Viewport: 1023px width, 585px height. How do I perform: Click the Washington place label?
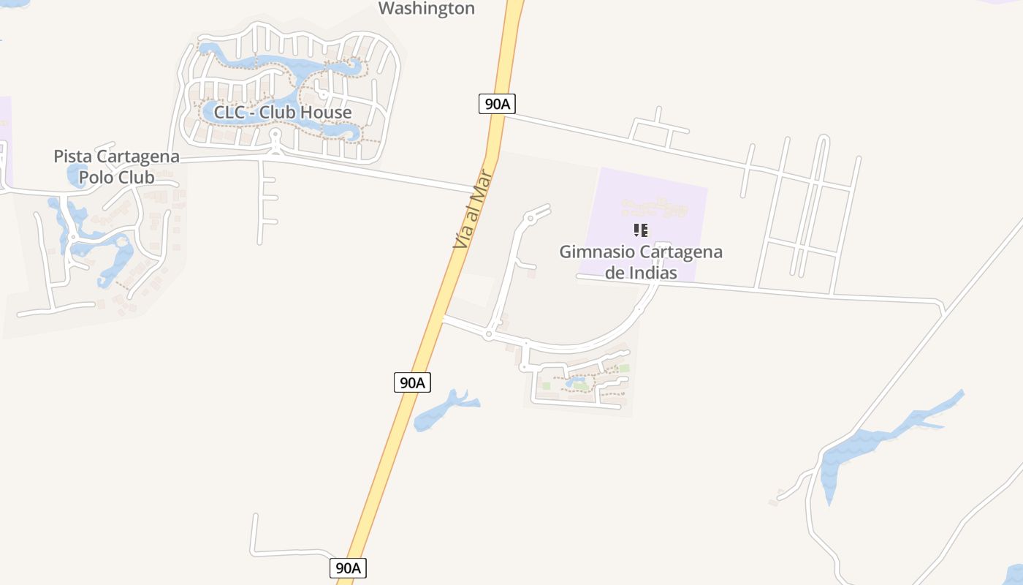[x=427, y=9]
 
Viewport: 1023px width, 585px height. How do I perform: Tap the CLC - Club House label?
[x=282, y=113]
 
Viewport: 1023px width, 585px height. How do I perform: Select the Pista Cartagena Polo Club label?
[x=116, y=167]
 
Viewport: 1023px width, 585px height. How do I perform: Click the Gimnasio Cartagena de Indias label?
[x=641, y=262]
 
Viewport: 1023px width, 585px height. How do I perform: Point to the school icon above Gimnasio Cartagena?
[x=641, y=230]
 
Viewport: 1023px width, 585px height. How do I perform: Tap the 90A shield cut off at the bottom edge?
[x=348, y=568]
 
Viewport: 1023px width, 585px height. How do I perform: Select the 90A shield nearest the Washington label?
[x=497, y=104]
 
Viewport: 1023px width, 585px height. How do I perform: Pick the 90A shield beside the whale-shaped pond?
[x=412, y=382]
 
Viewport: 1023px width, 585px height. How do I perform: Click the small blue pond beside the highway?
[x=442, y=411]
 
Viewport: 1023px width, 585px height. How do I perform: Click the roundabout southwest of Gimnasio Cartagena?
[x=488, y=335]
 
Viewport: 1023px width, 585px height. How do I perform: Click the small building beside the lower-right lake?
[x=773, y=502]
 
